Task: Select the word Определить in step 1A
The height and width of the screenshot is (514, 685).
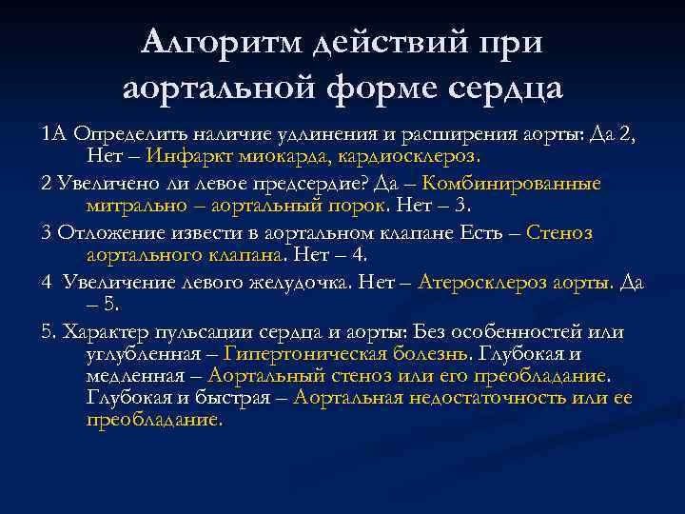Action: tap(120, 132)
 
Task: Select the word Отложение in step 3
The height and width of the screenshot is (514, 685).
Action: tap(100, 232)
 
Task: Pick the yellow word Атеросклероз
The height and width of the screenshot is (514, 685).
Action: tap(475, 283)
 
